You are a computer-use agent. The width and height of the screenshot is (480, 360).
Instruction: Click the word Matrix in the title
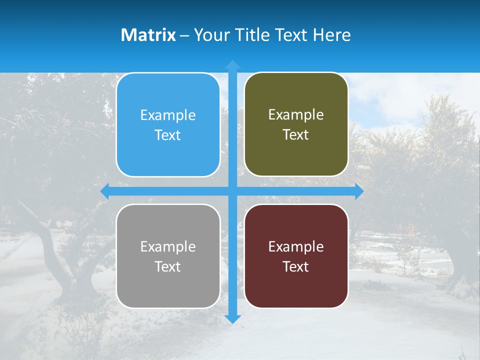tap(148, 35)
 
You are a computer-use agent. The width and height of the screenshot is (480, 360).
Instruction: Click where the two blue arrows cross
tap(232, 191)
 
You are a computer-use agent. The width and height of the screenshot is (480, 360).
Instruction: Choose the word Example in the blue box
tap(168, 115)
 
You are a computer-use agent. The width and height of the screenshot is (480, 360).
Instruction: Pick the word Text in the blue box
tap(168, 135)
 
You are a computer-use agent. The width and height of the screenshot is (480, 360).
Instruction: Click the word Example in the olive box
tap(296, 115)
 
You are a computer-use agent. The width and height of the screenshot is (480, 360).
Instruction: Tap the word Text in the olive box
tap(296, 135)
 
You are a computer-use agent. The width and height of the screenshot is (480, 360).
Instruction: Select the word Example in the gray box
tap(168, 247)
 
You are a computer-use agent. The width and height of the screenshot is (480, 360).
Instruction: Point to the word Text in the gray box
tap(168, 267)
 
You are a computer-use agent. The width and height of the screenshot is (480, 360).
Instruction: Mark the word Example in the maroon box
tap(296, 247)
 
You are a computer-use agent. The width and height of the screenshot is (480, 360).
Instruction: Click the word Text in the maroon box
tap(296, 267)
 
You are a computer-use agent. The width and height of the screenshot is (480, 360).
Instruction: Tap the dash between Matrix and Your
tap(184, 35)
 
